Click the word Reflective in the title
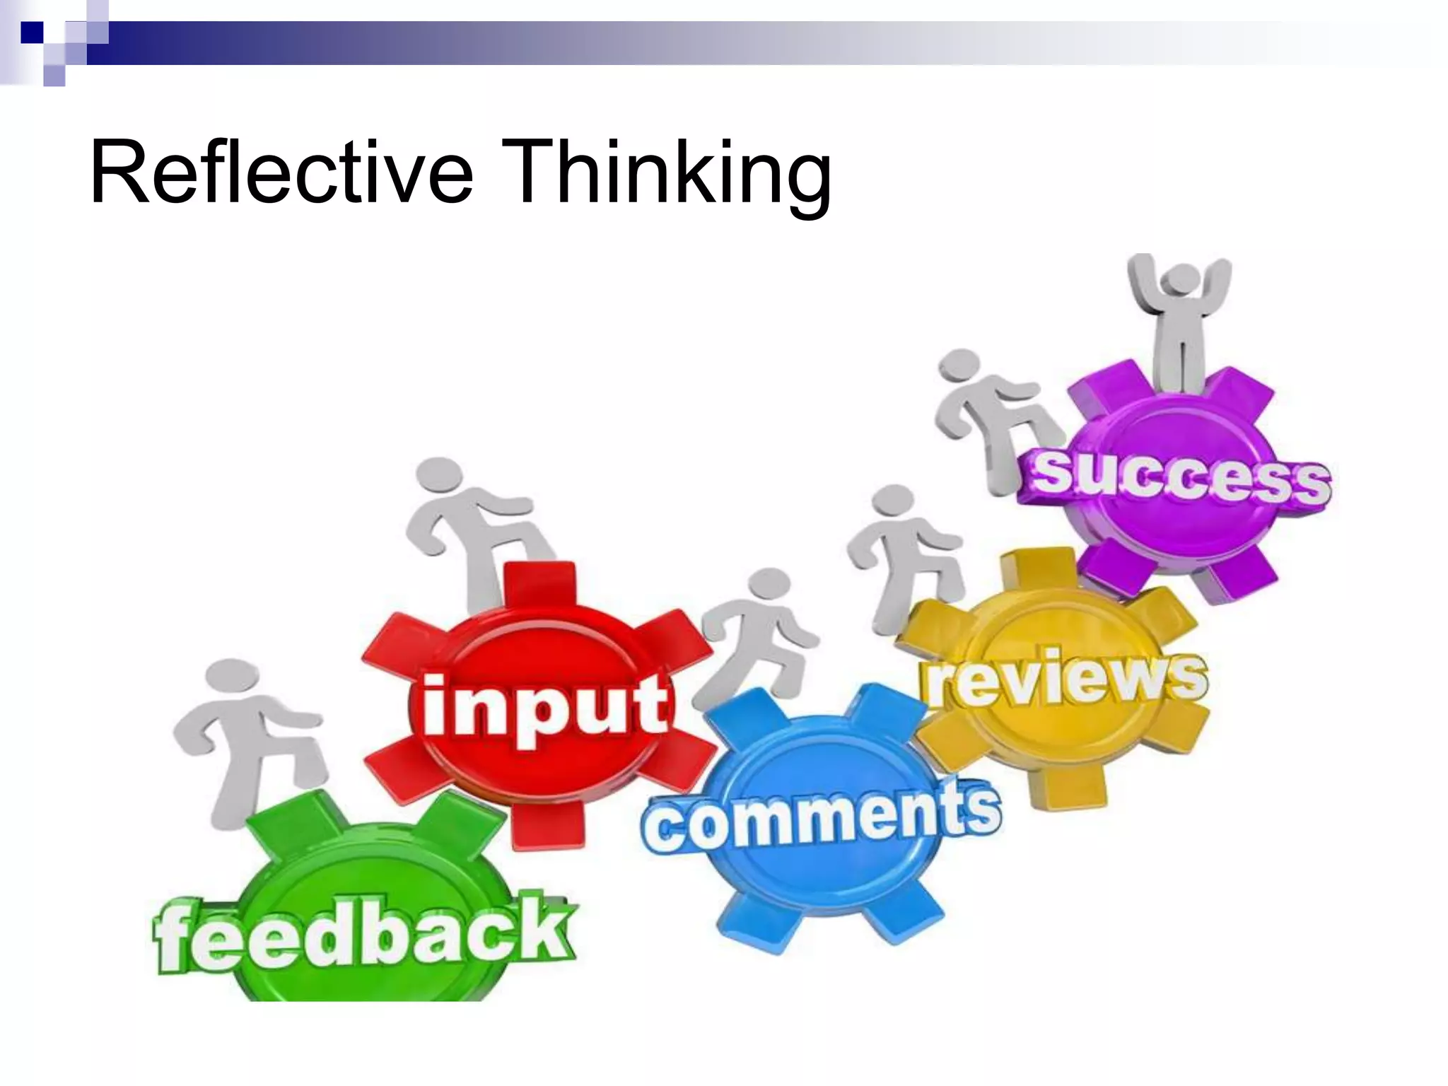tap(281, 172)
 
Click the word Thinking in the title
tap(668, 173)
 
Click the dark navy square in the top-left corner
tap(31, 32)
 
